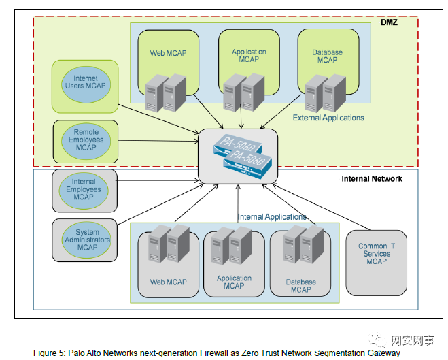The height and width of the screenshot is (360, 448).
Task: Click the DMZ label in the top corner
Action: tap(389, 22)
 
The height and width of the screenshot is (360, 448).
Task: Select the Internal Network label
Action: tap(371, 179)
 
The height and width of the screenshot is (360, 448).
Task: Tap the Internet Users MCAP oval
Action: tap(86, 84)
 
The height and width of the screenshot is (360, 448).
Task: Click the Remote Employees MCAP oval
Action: tap(86, 139)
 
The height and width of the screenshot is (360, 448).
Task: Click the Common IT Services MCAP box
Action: tap(376, 254)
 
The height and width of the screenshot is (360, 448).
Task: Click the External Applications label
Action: tap(328, 118)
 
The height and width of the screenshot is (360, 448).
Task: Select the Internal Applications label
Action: tap(272, 217)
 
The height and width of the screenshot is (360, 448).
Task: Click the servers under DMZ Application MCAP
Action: tap(243, 91)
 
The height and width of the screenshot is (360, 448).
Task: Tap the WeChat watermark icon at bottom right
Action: tap(376, 340)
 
